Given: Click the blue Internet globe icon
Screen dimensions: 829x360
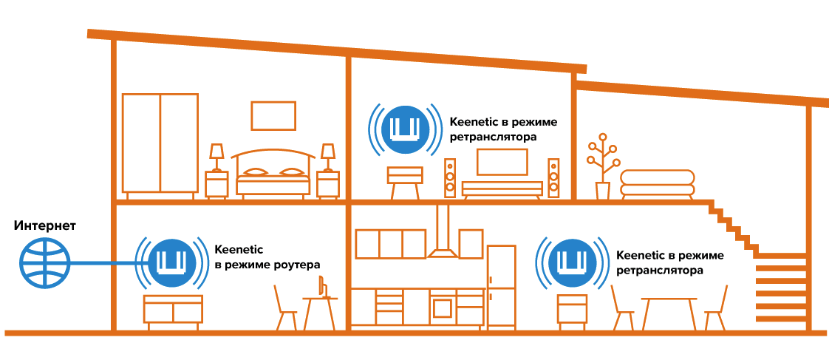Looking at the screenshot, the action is point(45,262).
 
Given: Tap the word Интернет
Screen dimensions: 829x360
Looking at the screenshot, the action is point(46,226).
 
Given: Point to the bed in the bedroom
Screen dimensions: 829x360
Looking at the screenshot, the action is point(273,174).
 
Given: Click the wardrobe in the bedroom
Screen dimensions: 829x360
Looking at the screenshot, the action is point(160,144).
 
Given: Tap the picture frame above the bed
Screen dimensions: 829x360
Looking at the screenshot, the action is point(273,116).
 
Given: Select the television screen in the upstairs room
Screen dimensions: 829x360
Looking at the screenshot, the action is point(502,163).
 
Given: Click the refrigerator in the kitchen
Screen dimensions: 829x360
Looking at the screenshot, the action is point(501,287).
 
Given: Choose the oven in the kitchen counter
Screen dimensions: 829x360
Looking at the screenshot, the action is point(443,307).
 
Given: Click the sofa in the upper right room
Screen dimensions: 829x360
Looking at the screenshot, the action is point(657,184).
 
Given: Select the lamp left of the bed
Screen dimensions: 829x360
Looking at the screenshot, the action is point(216,157).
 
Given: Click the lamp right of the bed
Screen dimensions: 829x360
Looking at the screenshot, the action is point(328,157).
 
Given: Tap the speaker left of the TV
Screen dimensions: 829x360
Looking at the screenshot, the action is point(450,178).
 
